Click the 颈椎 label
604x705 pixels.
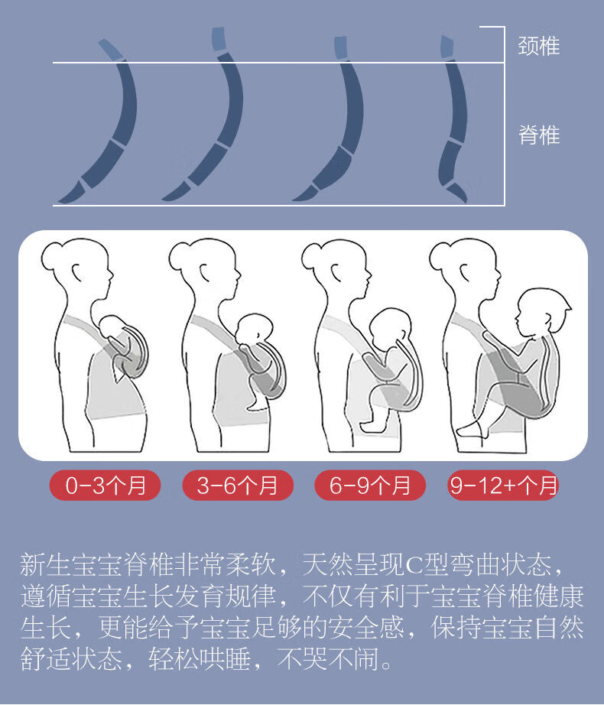(x=539, y=46)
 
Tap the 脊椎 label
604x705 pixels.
(x=539, y=135)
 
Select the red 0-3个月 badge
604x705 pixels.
(x=106, y=485)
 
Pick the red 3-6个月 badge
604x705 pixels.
(x=238, y=485)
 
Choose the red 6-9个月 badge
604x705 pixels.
(x=370, y=485)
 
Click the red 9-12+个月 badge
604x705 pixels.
(x=503, y=485)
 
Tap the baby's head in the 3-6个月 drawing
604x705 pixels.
(x=255, y=329)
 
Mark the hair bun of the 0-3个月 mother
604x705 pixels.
(x=52, y=256)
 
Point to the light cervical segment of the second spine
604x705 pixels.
(x=219, y=39)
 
